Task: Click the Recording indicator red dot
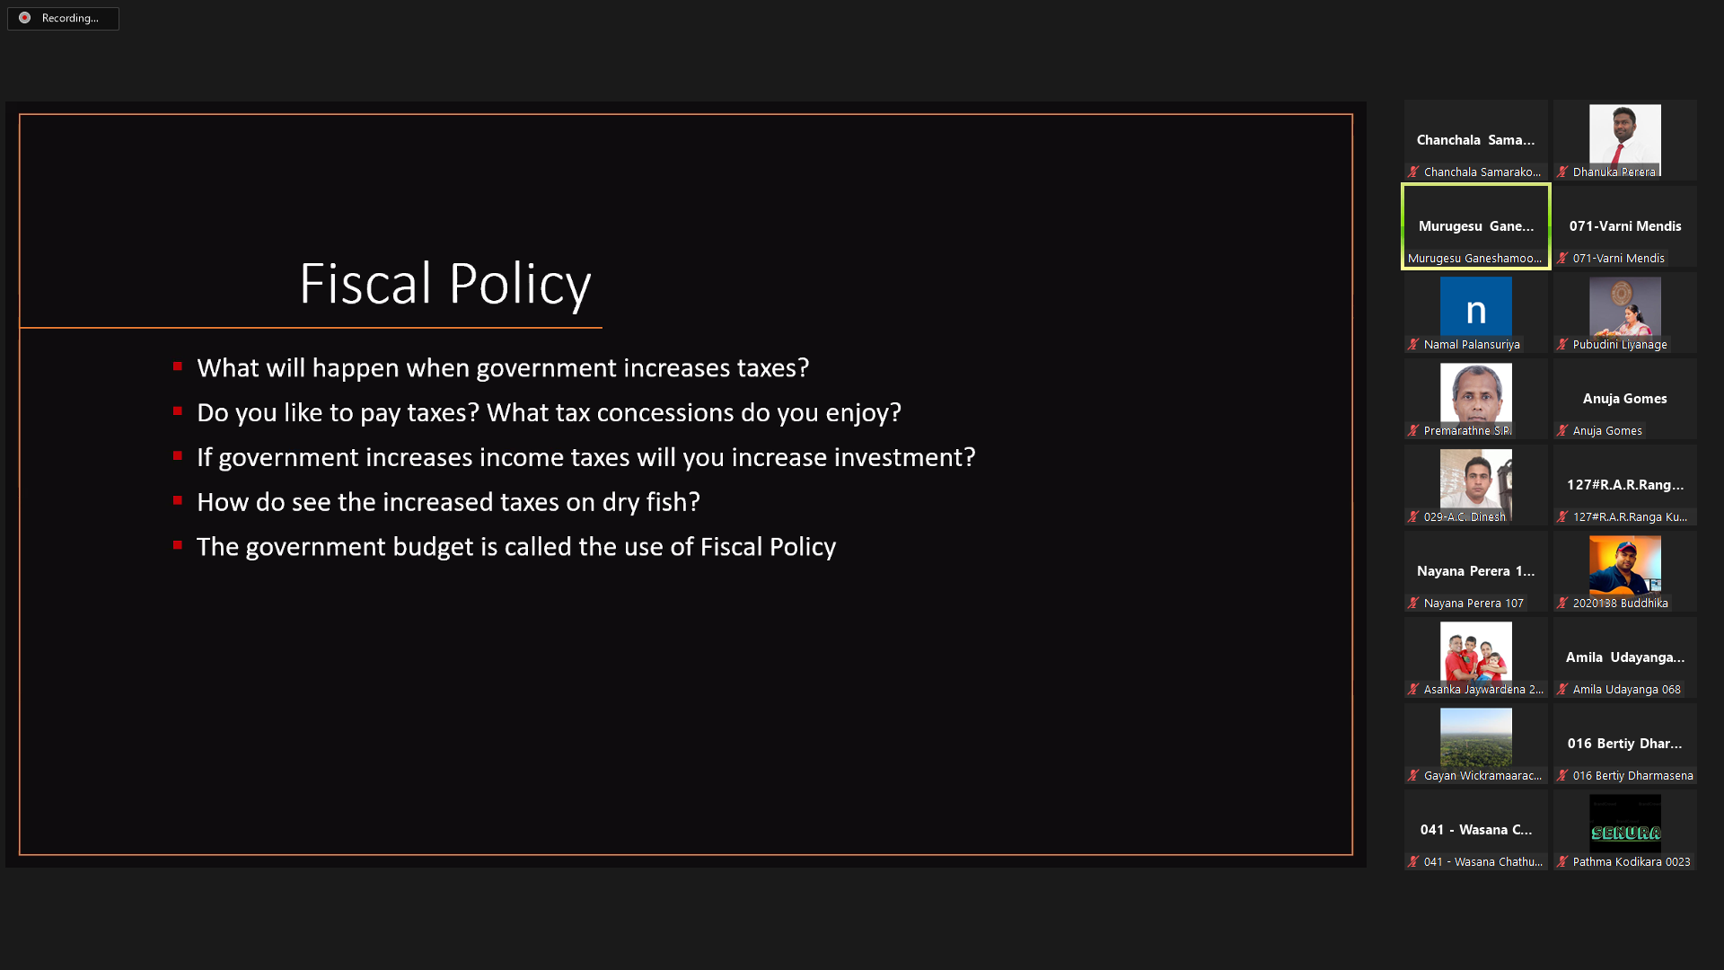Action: (x=25, y=18)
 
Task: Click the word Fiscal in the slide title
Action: (x=366, y=284)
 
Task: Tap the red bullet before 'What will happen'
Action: (x=178, y=366)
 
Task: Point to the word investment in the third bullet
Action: (x=898, y=457)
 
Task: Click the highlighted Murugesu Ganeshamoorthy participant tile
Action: (x=1476, y=226)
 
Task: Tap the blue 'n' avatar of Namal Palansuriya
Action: (x=1476, y=306)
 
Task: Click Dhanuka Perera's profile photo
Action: (x=1625, y=138)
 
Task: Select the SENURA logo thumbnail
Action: (x=1625, y=824)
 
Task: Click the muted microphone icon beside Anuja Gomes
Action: (x=1562, y=431)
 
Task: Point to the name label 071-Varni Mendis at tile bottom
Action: (x=1618, y=259)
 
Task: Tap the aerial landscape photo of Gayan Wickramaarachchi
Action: (x=1476, y=737)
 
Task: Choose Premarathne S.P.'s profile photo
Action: (x=1476, y=393)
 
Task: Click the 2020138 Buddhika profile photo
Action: (x=1625, y=565)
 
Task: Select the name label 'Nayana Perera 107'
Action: (x=1473, y=604)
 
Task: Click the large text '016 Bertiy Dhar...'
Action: (x=1625, y=744)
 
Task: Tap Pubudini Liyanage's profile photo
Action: (x=1625, y=306)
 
